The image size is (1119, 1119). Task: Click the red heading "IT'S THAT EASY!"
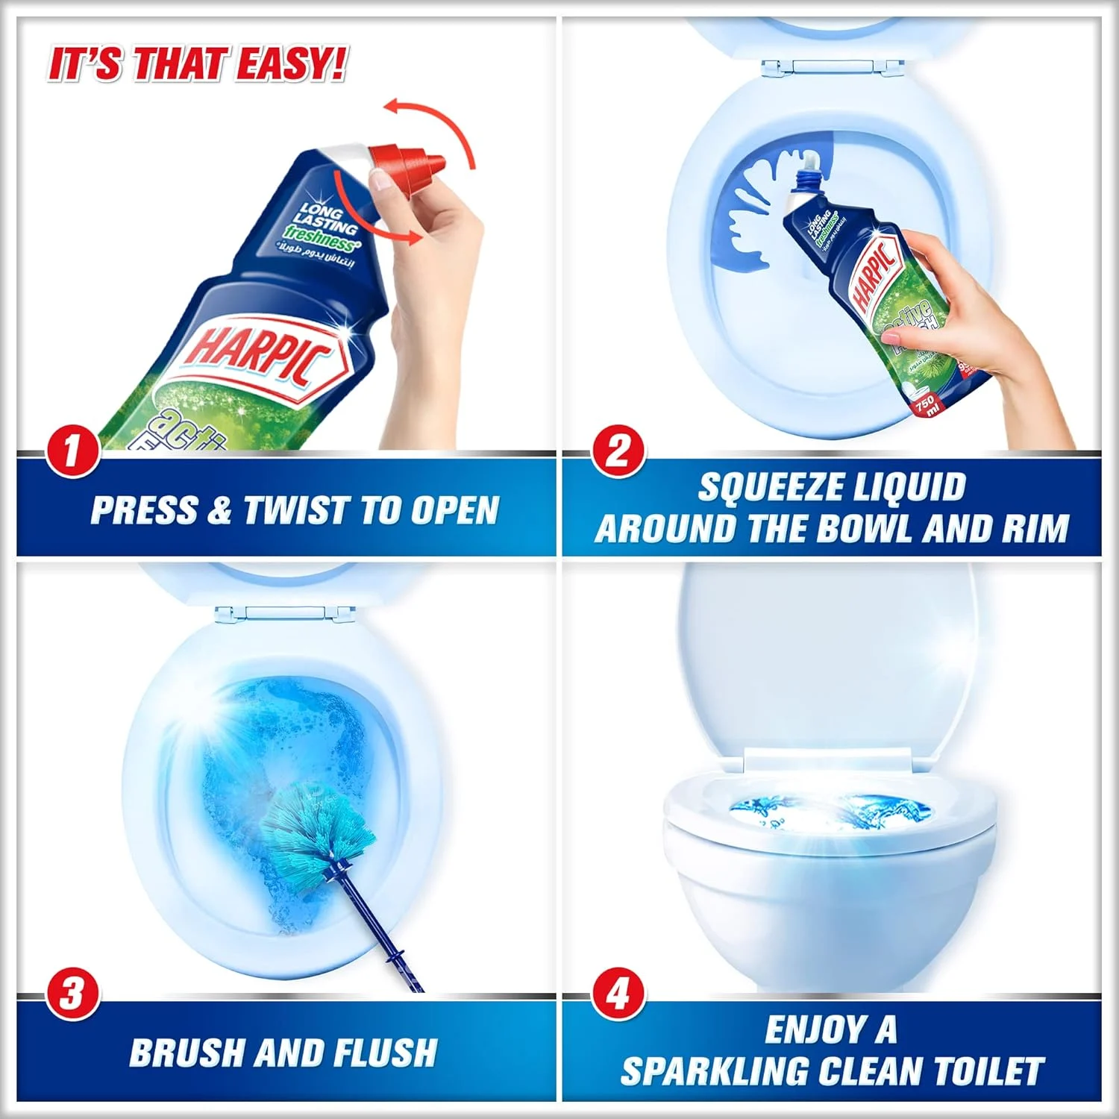coord(197,64)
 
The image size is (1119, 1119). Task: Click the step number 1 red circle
coord(72,451)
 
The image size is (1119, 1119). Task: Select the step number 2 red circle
coord(618,451)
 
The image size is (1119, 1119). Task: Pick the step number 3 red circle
coord(72,994)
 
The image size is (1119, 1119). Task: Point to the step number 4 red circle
coord(618,994)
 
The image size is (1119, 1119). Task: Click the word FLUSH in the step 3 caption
coord(385,1053)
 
